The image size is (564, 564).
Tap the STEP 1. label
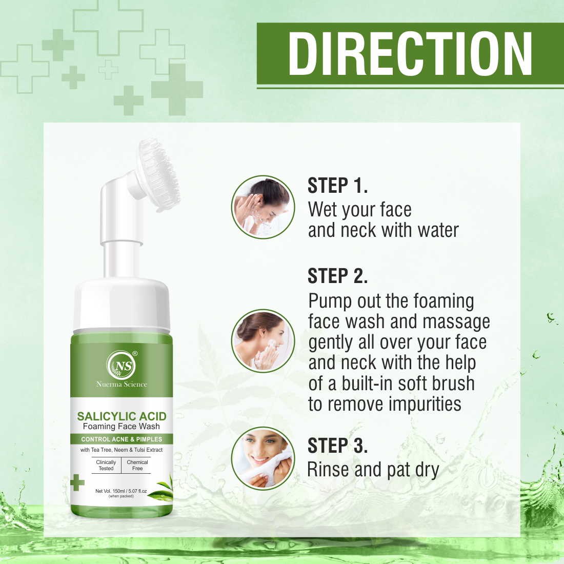coord(337,186)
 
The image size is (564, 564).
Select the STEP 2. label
coord(337,276)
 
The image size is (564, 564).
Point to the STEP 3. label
coord(337,446)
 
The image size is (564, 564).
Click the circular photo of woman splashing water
coord(263,207)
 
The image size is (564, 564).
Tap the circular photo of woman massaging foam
coord(263,341)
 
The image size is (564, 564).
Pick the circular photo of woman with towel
coord(263,458)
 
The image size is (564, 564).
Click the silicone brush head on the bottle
coord(158,174)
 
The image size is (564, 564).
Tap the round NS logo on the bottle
coord(121,366)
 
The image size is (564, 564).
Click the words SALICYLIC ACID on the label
coord(122,416)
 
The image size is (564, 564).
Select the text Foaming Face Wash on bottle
coord(122,427)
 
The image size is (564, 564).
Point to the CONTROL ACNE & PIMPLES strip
coord(122,439)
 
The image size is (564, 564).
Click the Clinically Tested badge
coord(106,465)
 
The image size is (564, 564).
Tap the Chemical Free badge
coord(137,465)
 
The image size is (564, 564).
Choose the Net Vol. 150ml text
coord(121,491)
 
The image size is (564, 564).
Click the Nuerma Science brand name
coord(122,385)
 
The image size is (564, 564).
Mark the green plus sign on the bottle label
coord(77,482)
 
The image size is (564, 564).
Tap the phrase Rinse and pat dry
coord(373,470)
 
